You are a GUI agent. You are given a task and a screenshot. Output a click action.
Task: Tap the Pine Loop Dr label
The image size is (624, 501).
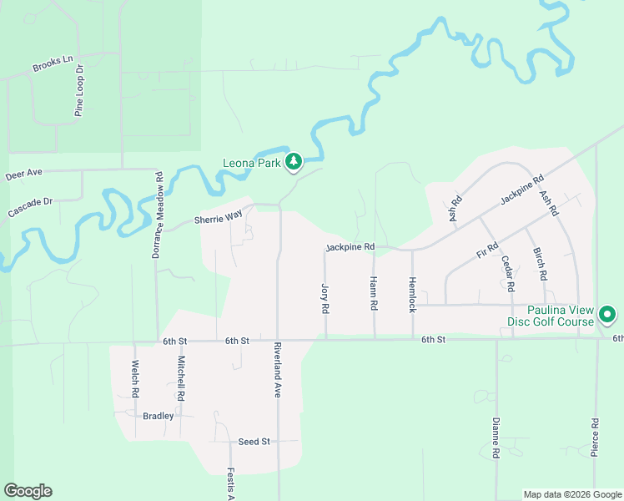pyautogui.click(x=80, y=90)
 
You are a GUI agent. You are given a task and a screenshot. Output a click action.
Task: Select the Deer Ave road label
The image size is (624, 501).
pyautogui.click(x=23, y=175)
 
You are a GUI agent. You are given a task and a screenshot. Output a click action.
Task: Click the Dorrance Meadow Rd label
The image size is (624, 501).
pyautogui.click(x=157, y=215)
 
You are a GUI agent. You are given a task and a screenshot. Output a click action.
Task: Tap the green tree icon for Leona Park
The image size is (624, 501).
pyautogui.click(x=293, y=162)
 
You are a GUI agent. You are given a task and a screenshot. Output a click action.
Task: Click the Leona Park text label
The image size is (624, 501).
pyautogui.click(x=251, y=163)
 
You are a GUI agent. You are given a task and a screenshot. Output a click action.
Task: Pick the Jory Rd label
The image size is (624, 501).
pyautogui.click(x=325, y=298)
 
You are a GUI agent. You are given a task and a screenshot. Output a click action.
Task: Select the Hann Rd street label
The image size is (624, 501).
pyautogui.click(x=373, y=294)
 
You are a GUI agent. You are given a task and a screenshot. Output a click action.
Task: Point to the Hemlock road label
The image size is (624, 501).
pyautogui.click(x=412, y=294)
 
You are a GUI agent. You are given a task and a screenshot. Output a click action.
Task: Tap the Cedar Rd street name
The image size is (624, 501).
pyautogui.click(x=507, y=272)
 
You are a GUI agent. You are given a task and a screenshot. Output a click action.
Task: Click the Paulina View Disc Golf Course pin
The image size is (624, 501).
pyautogui.click(x=607, y=315)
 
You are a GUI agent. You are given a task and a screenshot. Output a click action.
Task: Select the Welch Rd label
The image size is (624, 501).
pyautogui.click(x=133, y=377)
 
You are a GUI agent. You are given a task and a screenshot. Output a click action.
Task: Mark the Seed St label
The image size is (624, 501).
pyautogui.click(x=254, y=441)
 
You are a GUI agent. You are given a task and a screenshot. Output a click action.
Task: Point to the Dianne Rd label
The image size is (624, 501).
pyautogui.click(x=496, y=438)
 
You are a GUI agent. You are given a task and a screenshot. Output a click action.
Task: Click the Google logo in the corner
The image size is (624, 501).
pyautogui.click(x=28, y=491)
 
